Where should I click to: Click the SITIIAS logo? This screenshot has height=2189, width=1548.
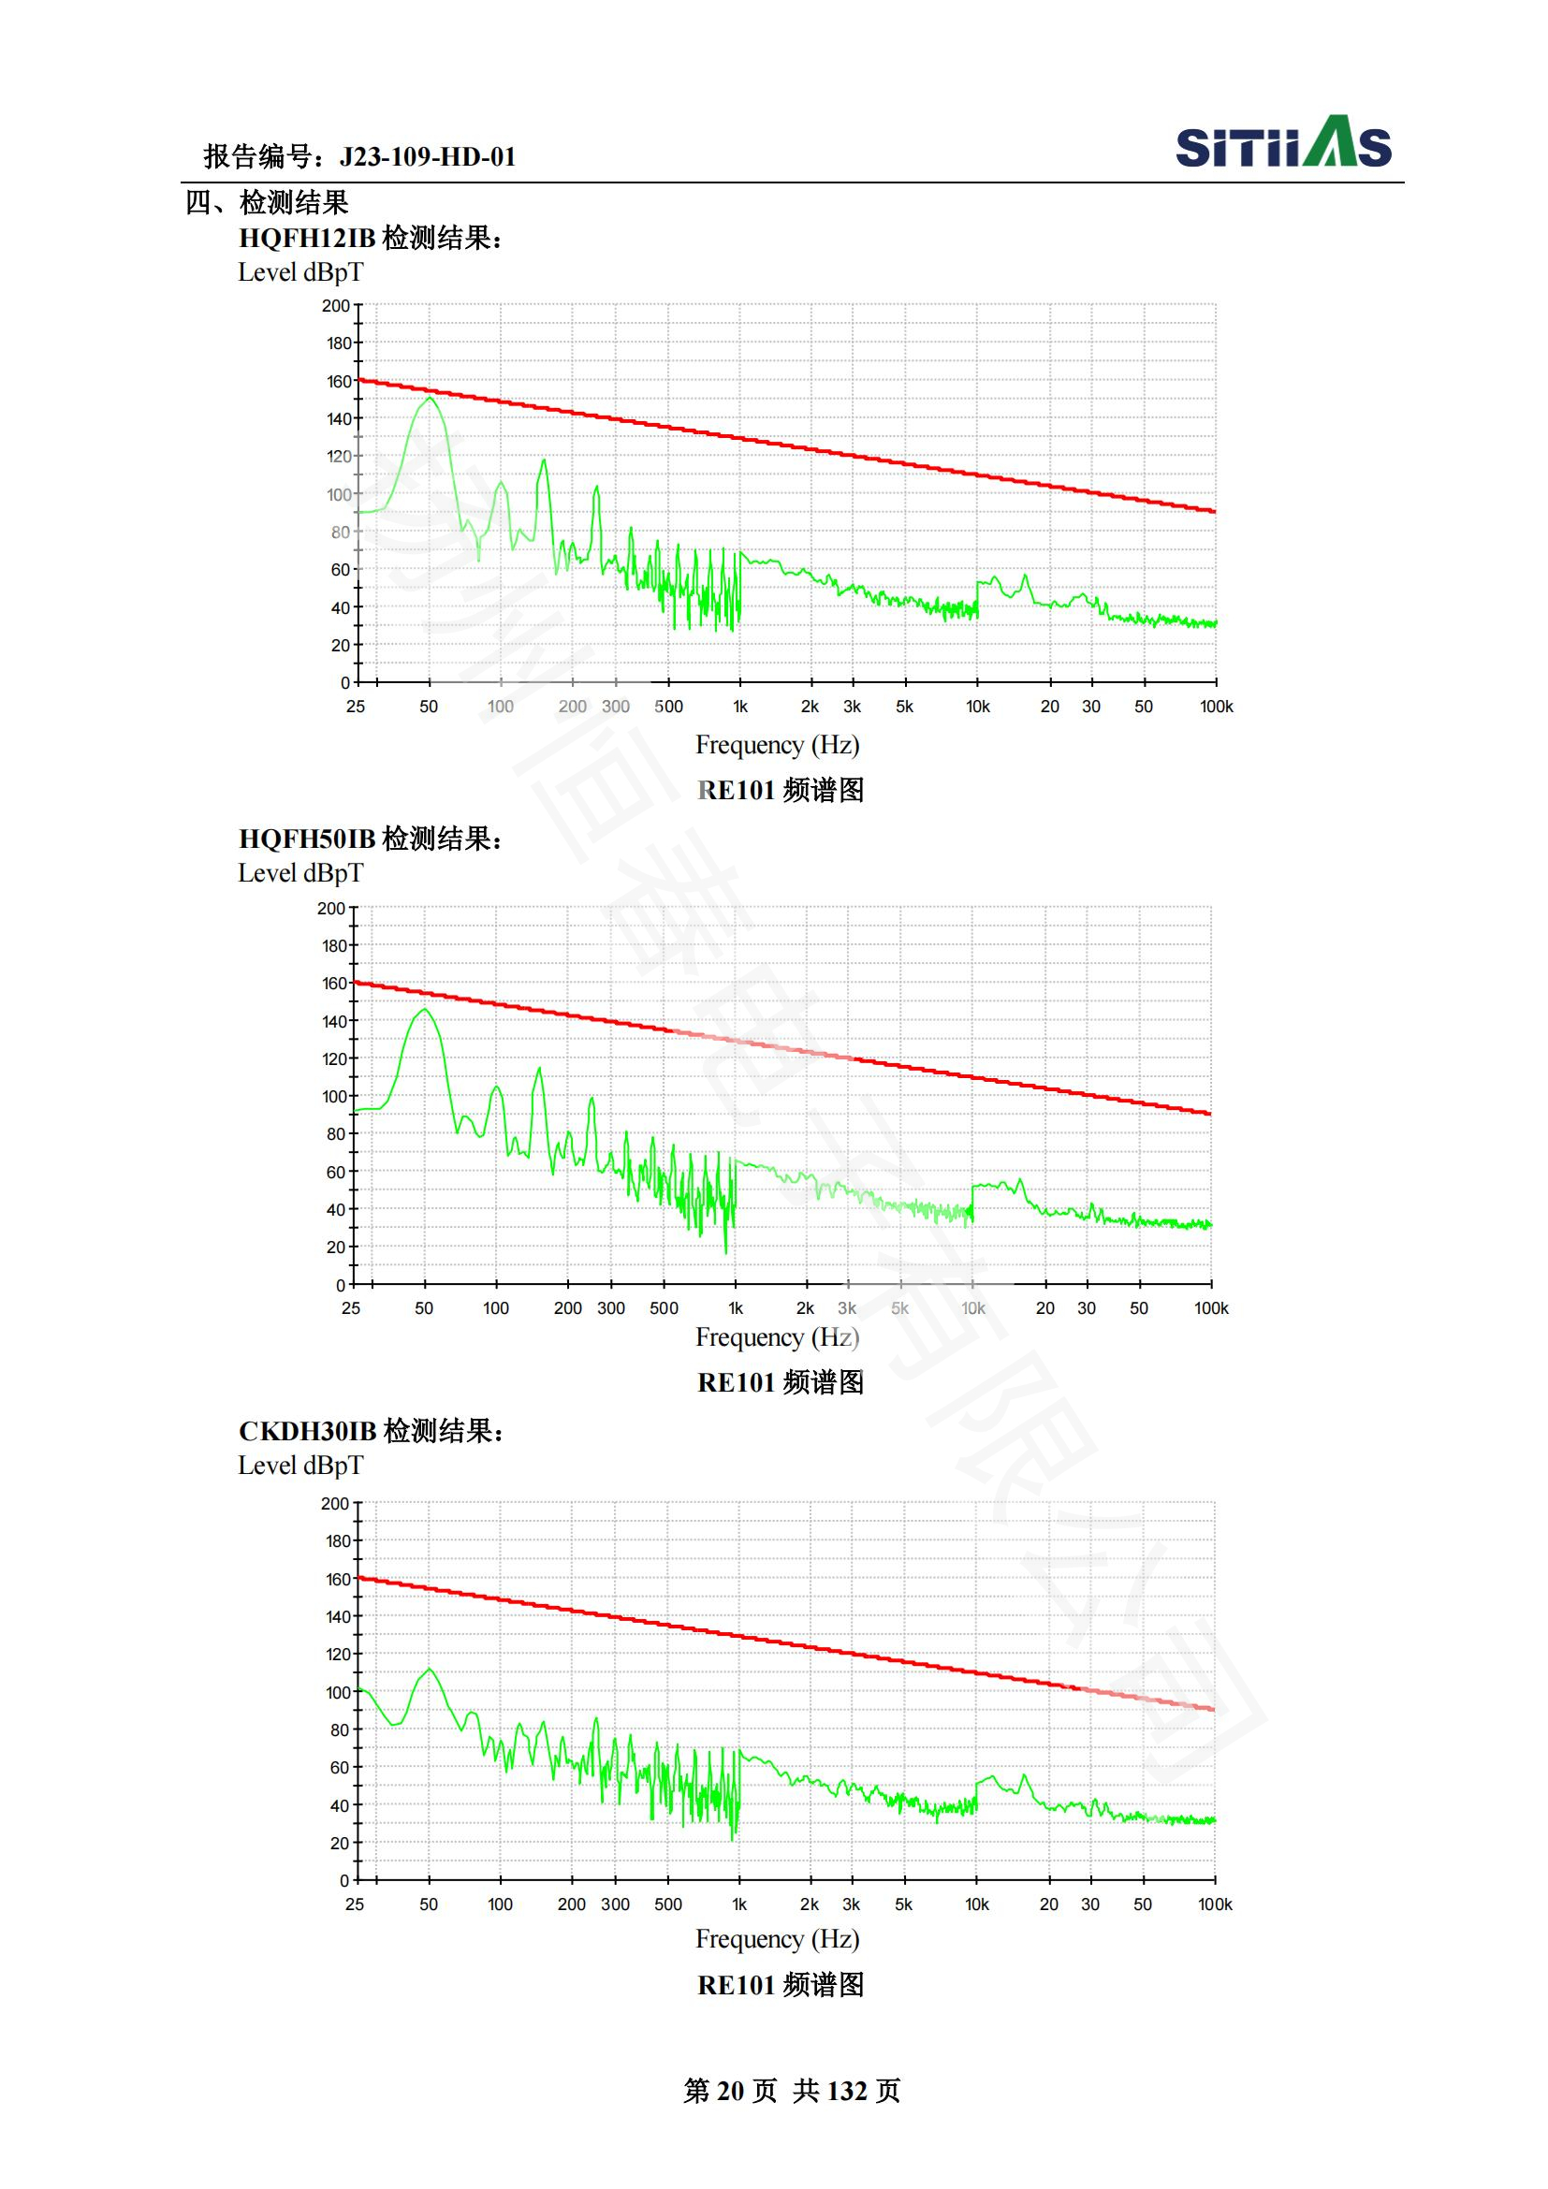coord(1283,143)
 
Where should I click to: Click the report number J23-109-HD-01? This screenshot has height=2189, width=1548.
coord(427,156)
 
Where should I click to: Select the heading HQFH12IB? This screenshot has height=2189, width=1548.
coord(307,238)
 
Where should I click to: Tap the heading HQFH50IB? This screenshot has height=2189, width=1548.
coord(307,838)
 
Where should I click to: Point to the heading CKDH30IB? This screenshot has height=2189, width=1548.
coord(307,1431)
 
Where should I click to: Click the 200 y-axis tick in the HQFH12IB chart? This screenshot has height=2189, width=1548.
coord(336,306)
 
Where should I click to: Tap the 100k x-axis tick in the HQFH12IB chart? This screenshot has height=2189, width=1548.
coord(1217,707)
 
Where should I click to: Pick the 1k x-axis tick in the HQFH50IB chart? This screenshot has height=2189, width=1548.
coord(735,1308)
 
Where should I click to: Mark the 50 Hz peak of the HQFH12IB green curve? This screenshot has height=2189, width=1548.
coord(430,399)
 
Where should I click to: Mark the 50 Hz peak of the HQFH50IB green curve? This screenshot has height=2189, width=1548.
coord(424,1010)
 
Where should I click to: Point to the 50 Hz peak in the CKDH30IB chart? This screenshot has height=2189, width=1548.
coord(430,1670)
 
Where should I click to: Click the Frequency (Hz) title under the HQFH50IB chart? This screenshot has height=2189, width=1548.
coord(777,1336)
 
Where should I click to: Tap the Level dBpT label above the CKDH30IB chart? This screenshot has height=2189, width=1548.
coord(300,1466)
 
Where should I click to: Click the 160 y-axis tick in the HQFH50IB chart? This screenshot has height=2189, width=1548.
coord(333,983)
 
